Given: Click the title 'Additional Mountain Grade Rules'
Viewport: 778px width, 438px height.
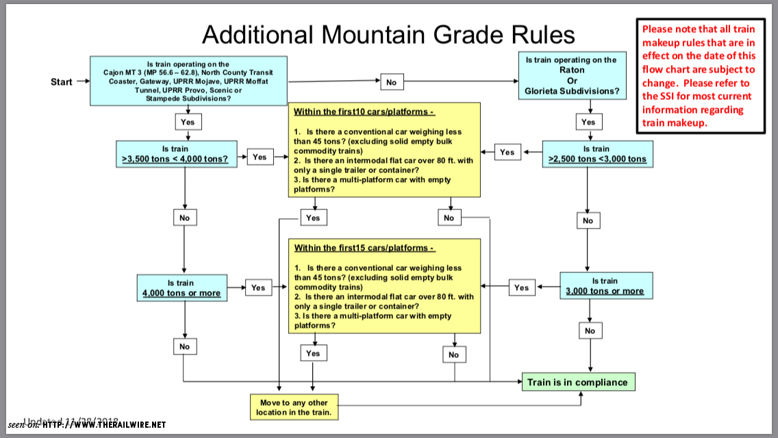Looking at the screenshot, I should tap(388, 34).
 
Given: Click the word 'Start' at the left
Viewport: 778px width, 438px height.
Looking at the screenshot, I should tap(62, 82).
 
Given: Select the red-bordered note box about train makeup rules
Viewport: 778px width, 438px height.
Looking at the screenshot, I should tap(699, 76).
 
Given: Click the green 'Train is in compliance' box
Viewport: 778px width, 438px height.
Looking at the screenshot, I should tap(577, 382).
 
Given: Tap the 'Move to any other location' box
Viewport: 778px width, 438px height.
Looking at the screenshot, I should tap(294, 407).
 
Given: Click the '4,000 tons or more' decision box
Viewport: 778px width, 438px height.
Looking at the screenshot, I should tap(181, 288).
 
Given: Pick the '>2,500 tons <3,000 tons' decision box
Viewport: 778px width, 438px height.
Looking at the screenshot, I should tap(597, 154).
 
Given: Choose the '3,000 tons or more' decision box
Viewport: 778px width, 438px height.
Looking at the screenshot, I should tap(605, 285).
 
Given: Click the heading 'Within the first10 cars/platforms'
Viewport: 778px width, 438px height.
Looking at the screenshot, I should tap(364, 112).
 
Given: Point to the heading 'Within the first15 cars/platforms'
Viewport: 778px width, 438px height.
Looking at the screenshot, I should tap(364, 248).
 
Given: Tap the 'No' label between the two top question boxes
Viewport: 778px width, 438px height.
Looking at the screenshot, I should tap(391, 82).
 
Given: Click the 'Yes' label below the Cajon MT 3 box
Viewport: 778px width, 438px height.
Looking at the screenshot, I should tap(188, 122).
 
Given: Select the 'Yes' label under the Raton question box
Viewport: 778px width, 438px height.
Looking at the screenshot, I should tap(588, 122).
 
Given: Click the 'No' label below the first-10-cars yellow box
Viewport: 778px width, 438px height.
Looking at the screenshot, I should tap(449, 218).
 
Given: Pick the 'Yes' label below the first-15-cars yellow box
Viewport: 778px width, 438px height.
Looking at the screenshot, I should tap(312, 353).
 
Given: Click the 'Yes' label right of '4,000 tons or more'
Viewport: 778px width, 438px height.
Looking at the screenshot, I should tap(258, 287).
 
